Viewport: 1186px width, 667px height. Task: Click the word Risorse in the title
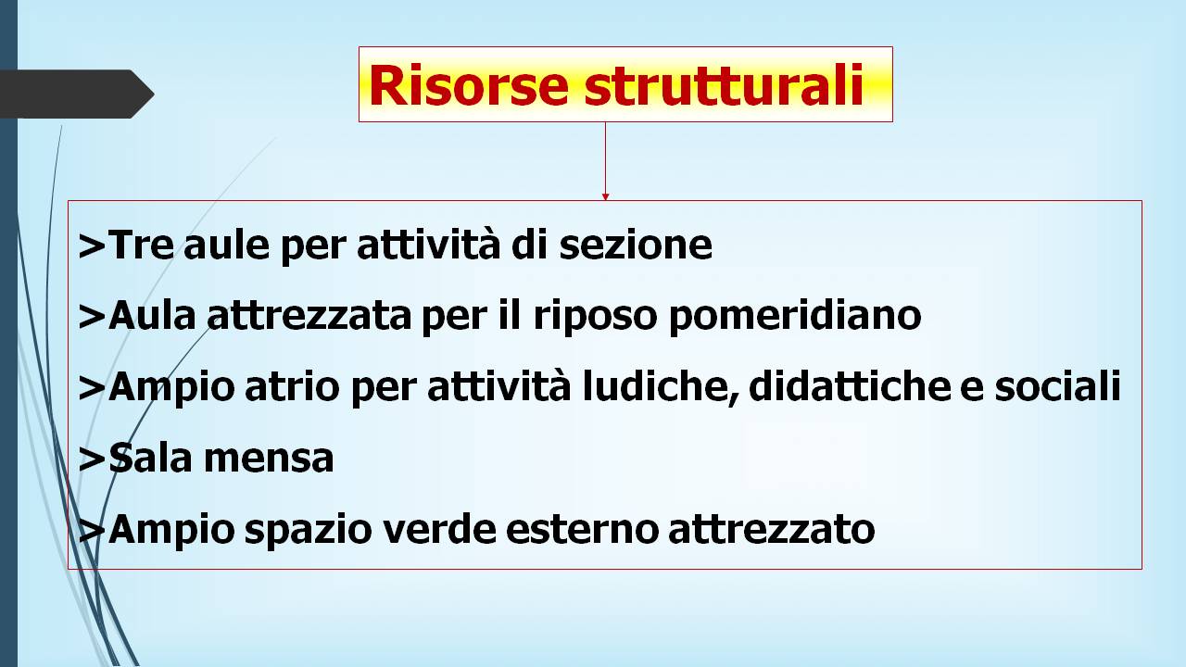click(x=469, y=84)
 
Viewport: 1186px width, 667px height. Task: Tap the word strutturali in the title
click(x=725, y=84)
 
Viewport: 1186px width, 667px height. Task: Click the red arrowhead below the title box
click(x=605, y=197)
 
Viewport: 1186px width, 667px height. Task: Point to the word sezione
click(x=636, y=245)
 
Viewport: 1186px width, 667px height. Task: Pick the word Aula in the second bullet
click(x=152, y=316)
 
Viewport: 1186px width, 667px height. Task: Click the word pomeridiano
click(x=795, y=317)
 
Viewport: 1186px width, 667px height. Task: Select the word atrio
click(x=292, y=386)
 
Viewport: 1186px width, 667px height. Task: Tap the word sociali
click(x=1058, y=386)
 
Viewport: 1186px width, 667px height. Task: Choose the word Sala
click(x=150, y=458)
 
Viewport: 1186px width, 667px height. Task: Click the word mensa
click(x=269, y=459)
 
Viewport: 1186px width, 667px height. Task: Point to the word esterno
click(x=583, y=530)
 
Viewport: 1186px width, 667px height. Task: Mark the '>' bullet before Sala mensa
click(x=92, y=459)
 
